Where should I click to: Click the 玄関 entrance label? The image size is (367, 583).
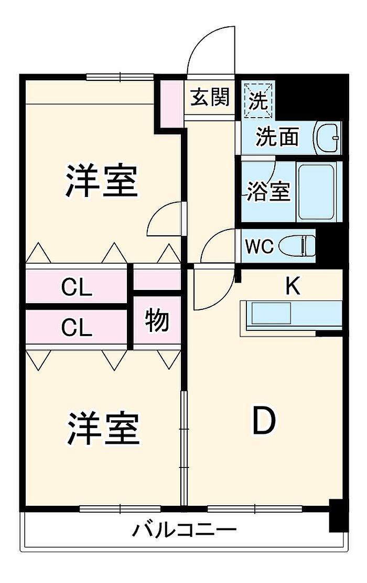[x=210, y=97]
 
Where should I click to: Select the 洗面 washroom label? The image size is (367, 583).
[x=277, y=137]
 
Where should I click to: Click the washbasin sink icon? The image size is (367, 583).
[x=327, y=138]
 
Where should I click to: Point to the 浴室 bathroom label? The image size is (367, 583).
[x=268, y=191]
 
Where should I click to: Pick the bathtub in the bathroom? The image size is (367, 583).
[x=316, y=191]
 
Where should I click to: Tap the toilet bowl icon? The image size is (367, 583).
[x=297, y=245]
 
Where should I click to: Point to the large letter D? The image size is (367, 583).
[x=263, y=422]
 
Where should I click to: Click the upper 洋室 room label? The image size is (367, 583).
[x=101, y=181]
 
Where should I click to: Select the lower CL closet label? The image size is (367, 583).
[x=77, y=327]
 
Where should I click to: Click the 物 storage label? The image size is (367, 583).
[x=157, y=321]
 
